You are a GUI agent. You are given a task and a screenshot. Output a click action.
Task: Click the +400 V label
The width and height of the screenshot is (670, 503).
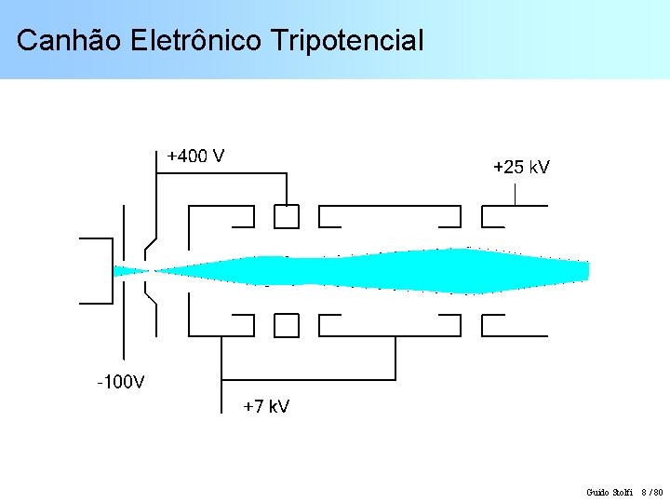(x=195, y=156)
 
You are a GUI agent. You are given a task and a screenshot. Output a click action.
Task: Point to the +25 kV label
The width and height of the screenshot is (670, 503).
(x=521, y=168)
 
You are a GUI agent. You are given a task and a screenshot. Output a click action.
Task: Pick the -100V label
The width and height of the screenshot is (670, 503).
(x=121, y=381)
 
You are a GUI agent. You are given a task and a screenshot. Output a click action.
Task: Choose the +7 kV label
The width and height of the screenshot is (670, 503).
(x=266, y=407)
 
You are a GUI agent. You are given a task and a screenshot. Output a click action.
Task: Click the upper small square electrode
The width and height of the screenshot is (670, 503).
(x=287, y=216)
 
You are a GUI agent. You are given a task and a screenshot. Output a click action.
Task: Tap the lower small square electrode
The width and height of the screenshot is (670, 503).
(x=287, y=325)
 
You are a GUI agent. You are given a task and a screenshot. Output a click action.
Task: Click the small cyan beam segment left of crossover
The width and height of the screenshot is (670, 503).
(x=128, y=271)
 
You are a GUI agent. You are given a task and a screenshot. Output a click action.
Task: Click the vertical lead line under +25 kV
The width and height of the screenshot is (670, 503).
(x=516, y=194)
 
